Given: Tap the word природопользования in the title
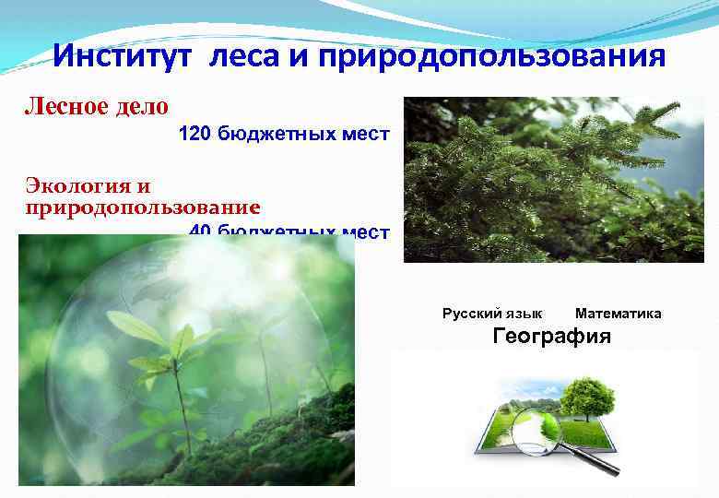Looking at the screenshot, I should [x=491, y=57].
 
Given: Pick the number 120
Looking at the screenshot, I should [x=194, y=136].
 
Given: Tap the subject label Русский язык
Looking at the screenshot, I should [x=492, y=314].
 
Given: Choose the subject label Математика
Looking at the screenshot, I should [x=618, y=314].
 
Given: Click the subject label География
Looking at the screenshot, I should [x=551, y=336].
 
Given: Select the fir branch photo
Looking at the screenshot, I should [x=553, y=179].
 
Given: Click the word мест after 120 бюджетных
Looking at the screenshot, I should [x=369, y=136].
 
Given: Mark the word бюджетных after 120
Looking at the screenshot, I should [x=281, y=136].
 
